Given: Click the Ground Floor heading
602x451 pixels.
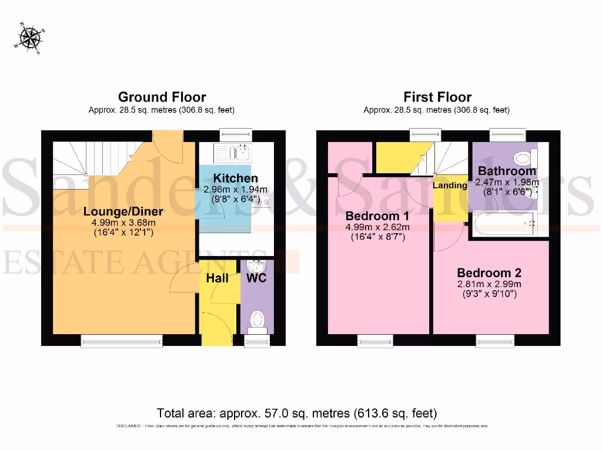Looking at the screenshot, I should [x=162, y=97].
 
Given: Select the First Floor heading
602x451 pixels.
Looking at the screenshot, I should [x=437, y=97].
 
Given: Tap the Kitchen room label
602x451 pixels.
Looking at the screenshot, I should [x=235, y=178].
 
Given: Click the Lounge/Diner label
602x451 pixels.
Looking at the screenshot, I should [x=123, y=211].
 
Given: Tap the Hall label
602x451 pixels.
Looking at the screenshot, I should [x=218, y=278].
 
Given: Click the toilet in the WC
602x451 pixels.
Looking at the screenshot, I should [x=257, y=321].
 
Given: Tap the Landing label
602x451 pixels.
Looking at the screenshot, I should [x=450, y=185].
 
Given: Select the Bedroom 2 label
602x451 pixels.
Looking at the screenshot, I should [x=489, y=273].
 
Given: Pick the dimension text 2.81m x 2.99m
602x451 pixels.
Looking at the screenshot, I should [x=489, y=284].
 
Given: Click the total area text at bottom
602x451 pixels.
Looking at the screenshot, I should [x=297, y=413].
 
